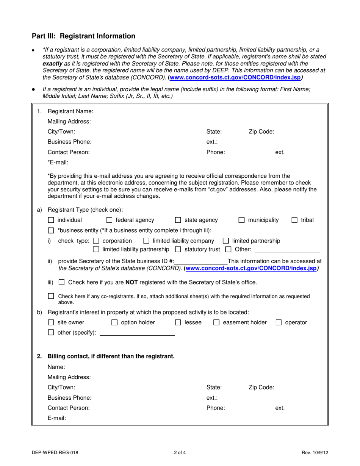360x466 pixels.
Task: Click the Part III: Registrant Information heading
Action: click(x=83, y=36)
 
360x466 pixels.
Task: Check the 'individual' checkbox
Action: click(x=51, y=220)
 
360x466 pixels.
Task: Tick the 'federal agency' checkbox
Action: click(x=109, y=220)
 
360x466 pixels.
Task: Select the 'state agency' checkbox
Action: click(x=178, y=220)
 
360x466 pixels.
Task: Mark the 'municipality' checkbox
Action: click(x=241, y=220)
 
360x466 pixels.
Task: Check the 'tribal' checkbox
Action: click(x=294, y=220)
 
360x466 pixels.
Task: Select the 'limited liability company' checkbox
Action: click(x=146, y=241)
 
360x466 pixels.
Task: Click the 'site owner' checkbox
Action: click(x=51, y=323)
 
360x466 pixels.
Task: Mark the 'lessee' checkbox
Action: click(x=178, y=323)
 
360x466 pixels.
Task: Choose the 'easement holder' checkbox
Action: click(x=216, y=323)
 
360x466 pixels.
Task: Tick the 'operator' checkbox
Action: click(x=279, y=323)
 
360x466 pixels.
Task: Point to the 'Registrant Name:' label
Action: click(x=70, y=111)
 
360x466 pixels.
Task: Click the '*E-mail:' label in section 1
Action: click(x=58, y=163)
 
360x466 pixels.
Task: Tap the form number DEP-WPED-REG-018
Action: click(x=55, y=452)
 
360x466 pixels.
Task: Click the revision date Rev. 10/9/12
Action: click(x=315, y=452)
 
